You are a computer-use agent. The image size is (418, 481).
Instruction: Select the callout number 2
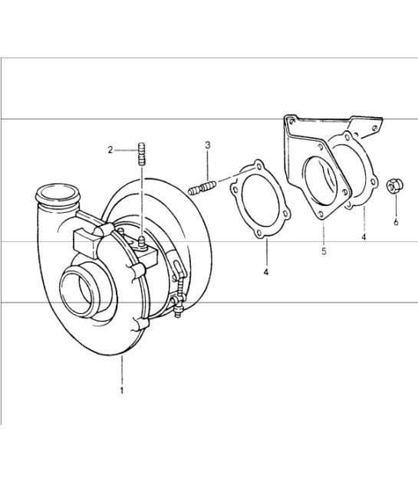[110, 150]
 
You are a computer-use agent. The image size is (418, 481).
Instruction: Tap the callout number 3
[208, 145]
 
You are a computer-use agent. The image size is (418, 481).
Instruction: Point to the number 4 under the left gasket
[266, 272]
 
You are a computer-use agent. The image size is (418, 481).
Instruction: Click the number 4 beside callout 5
[364, 238]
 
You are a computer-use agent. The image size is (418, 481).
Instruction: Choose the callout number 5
[324, 250]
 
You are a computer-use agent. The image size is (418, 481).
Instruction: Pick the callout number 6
[396, 223]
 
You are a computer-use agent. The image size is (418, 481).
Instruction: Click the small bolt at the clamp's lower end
[176, 309]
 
